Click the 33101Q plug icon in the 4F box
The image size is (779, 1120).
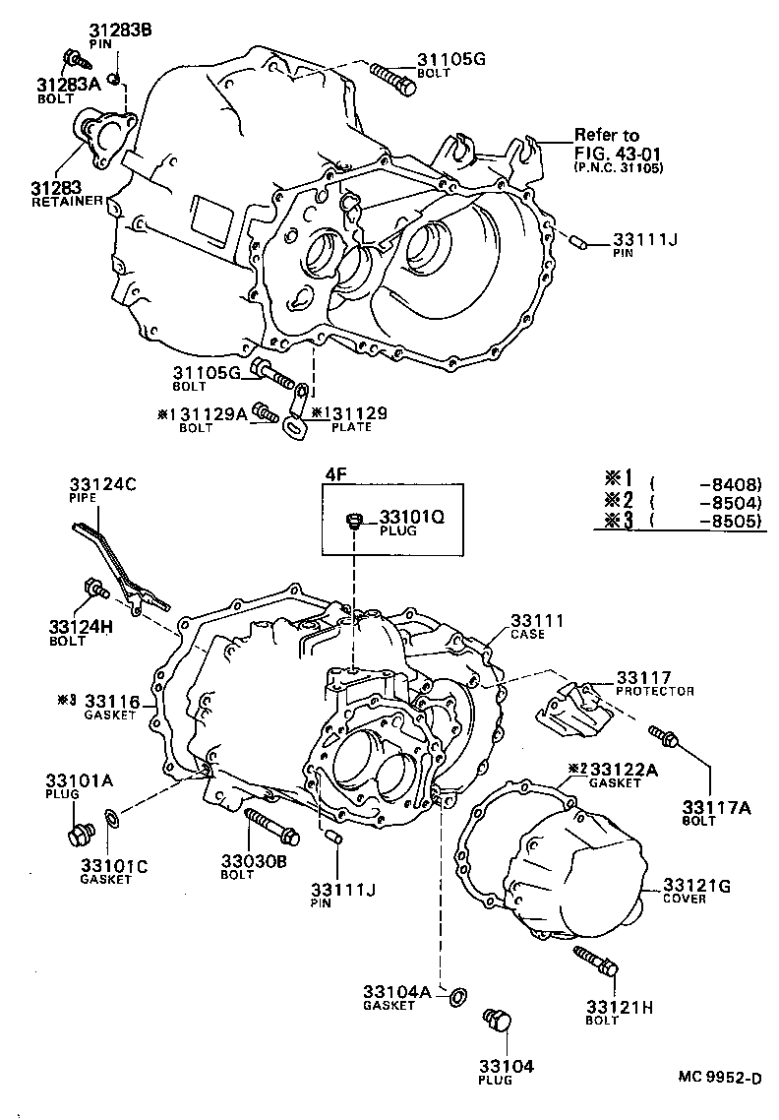pos(355,521)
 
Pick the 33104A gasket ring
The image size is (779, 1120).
pos(457,998)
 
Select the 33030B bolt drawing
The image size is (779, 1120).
pos(270,824)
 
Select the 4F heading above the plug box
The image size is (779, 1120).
pos(334,474)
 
